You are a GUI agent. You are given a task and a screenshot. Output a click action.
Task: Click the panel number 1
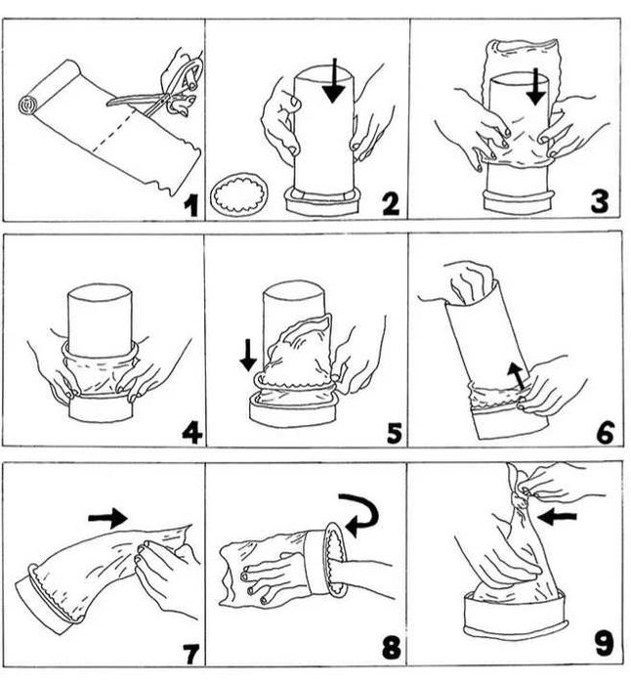click(190, 205)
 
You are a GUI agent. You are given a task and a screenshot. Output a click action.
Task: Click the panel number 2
click(390, 203)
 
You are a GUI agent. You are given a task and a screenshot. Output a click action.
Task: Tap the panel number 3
click(599, 201)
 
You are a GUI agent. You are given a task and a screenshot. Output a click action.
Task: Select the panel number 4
click(191, 433)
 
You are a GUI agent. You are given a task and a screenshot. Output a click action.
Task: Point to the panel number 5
click(395, 433)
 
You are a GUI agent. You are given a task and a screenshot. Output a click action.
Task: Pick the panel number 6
click(606, 433)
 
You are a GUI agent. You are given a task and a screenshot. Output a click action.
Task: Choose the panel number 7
click(190, 655)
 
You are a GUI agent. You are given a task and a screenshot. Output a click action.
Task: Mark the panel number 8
click(392, 647)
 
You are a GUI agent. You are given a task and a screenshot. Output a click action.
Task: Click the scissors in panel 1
click(161, 93)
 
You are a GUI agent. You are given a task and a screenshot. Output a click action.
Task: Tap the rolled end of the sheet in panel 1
click(28, 105)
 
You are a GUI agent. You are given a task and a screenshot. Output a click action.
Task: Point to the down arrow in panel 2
click(334, 81)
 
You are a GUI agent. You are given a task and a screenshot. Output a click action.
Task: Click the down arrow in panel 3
click(535, 87)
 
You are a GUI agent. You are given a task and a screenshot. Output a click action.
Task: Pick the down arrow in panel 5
click(249, 356)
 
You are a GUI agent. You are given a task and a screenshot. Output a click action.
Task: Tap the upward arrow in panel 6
click(517, 376)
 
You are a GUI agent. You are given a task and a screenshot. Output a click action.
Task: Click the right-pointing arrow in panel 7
click(108, 518)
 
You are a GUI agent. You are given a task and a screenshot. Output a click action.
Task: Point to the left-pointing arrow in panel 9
click(557, 518)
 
